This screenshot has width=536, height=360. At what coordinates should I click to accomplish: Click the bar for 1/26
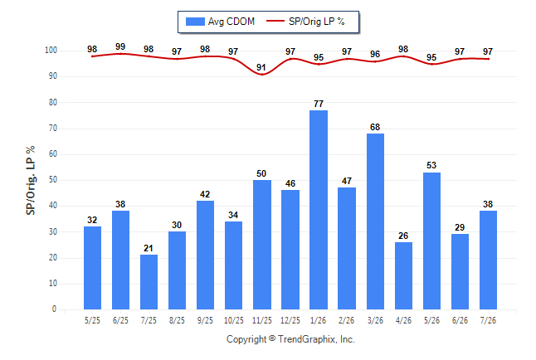[x=319, y=210]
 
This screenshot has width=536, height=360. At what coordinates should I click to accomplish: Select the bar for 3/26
[x=375, y=221]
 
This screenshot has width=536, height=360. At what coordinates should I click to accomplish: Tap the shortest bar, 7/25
[x=149, y=282]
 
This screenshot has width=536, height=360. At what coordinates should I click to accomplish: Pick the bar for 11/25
[x=262, y=245]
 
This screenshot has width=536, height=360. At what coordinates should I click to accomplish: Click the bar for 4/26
[x=403, y=276]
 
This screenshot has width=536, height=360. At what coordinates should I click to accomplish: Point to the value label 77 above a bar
[x=319, y=104]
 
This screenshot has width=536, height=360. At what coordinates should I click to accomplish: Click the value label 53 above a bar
[x=431, y=165]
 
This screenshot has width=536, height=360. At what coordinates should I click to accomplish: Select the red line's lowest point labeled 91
[x=262, y=74]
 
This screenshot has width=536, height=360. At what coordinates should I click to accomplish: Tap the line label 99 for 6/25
[x=120, y=46]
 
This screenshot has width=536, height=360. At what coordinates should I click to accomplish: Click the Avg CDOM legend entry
[x=220, y=22]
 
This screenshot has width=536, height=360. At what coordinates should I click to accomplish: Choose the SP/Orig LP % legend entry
[x=305, y=22]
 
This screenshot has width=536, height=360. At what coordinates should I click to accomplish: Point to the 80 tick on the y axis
[x=52, y=102]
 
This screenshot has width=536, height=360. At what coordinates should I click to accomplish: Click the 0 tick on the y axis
[x=54, y=309]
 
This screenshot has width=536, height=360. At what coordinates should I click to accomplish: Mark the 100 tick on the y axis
[x=51, y=51]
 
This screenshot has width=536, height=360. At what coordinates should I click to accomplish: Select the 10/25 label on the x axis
[x=234, y=320]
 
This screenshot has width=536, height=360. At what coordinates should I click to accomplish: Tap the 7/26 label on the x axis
[x=488, y=320]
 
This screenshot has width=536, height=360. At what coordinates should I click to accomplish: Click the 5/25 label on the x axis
[x=92, y=320]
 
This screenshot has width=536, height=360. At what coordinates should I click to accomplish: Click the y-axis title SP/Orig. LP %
[x=31, y=180]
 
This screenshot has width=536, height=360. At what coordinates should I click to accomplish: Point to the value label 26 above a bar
[x=403, y=236]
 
